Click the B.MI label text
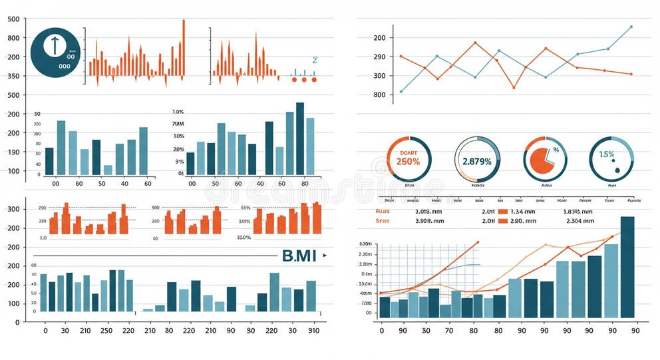click(299, 256)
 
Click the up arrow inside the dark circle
click(54, 46)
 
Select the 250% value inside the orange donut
click(407, 161)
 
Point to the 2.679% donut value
click(476, 161)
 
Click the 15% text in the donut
click(606, 154)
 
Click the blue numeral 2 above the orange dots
click(315, 60)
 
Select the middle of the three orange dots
click(304, 80)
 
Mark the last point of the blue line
click(631, 27)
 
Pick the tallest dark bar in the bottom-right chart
click(627, 267)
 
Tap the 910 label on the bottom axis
click(313, 331)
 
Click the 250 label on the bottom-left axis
click(106, 331)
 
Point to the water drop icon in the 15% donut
click(615, 170)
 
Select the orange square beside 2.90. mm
click(503, 220)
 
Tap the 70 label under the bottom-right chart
click(448, 331)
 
